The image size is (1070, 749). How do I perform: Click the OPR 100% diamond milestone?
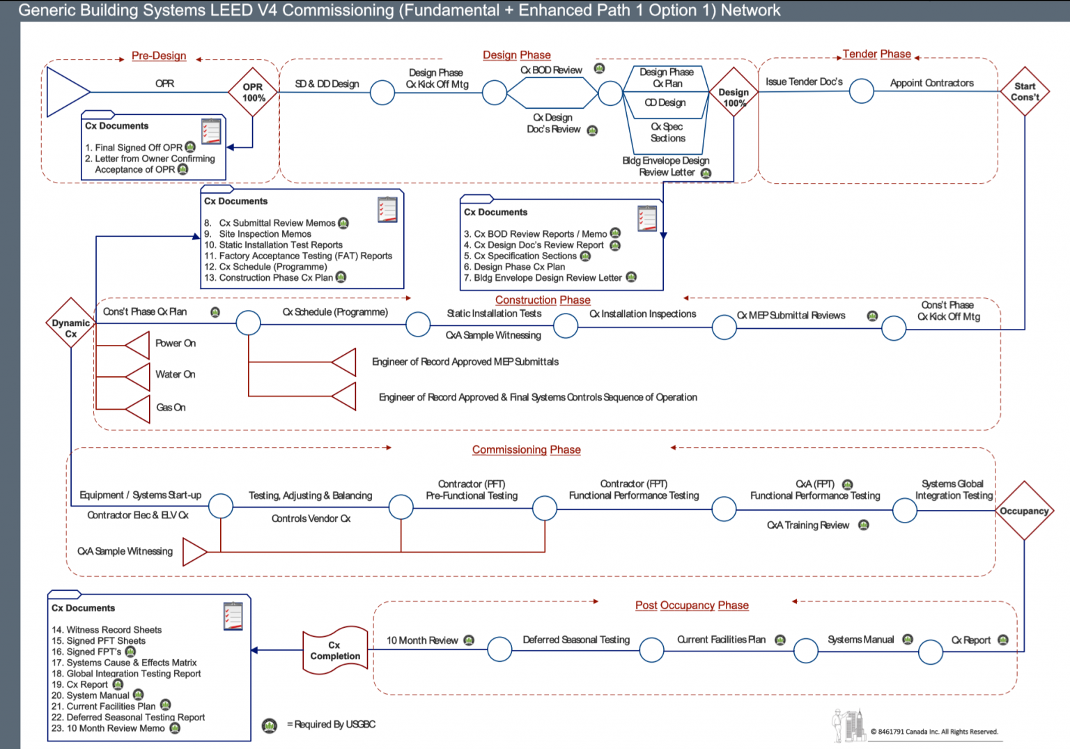[253, 92]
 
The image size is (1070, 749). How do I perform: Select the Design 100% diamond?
[734, 97]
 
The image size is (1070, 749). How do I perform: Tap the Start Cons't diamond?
[1025, 92]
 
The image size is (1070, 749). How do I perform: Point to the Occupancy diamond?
[1024, 511]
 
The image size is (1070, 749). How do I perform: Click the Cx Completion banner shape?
[335, 651]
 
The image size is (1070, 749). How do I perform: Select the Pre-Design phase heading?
[159, 56]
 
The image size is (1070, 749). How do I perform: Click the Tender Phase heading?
[876, 54]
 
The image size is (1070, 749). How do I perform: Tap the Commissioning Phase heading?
[526, 450]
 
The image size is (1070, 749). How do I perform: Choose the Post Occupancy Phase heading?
[692, 605]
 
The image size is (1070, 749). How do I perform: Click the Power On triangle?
[139, 344]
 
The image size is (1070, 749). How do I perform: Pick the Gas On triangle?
[139, 408]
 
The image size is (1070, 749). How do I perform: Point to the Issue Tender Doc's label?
[804, 82]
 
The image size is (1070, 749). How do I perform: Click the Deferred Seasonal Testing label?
[576, 640]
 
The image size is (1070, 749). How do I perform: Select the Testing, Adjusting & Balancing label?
[310, 495]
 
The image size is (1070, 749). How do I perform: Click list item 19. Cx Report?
[87, 685]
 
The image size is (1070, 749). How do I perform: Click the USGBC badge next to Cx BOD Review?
[599, 68]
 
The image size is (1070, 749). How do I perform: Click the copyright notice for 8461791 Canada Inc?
[933, 732]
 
